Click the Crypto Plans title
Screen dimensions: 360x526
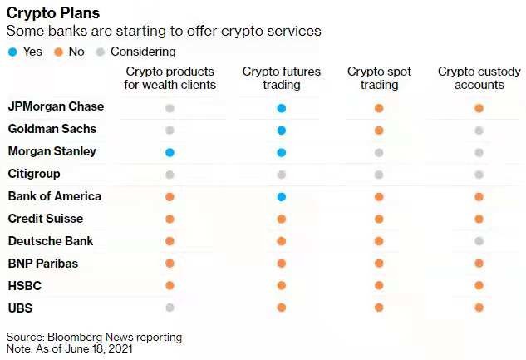(53, 13)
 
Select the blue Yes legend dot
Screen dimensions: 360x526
(12, 51)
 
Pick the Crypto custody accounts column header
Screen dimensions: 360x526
(479, 78)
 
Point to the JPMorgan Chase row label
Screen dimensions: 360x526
(56, 107)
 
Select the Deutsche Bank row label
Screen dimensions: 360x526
(50, 241)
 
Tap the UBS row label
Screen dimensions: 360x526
(21, 308)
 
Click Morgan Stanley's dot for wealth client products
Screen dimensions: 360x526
(170, 152)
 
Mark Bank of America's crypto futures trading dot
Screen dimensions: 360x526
(282, 197)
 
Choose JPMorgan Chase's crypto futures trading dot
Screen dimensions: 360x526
(282, 108)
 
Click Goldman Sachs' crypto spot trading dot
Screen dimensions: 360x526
(379, 131)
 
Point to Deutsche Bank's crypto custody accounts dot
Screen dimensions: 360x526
(479, 241)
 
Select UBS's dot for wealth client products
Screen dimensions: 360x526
(170, 308)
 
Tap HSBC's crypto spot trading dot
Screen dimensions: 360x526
(379, 285)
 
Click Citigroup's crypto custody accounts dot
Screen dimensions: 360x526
(479, 175)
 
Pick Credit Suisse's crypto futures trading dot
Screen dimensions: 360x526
(282, 219)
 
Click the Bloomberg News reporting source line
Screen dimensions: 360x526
(94, 337)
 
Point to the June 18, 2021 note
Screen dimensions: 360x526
(71, 349)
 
